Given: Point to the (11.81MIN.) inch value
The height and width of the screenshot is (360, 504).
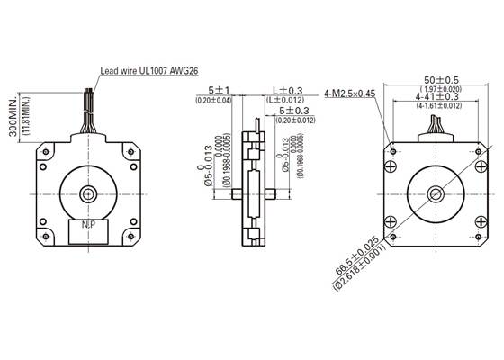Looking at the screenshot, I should point(24,114).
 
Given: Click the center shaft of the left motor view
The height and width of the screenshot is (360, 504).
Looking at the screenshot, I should point(88,193).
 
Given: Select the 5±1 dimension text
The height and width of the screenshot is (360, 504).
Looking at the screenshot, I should point(220,91).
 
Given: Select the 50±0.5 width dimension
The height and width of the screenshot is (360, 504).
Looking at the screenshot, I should point(442,80).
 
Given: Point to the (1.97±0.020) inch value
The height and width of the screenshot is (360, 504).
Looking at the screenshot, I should point(442,89).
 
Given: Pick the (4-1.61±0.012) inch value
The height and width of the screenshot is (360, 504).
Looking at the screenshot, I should point(439,106).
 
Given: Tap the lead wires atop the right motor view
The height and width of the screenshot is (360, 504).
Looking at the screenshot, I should point(436,131).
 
